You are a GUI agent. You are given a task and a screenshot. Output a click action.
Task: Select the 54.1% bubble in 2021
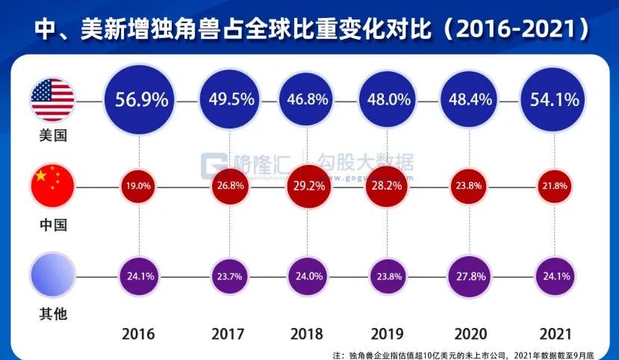click(553, 99)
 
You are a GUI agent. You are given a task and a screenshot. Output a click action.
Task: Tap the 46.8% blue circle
click(305, 99)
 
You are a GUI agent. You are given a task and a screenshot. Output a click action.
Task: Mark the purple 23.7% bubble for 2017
click(223, 276)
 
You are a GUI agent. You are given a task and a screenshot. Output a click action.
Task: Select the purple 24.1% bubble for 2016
click(141, 276)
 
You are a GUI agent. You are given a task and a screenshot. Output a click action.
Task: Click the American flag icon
click(52, 99)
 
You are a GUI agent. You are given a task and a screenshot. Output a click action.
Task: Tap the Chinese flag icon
click(52, 187)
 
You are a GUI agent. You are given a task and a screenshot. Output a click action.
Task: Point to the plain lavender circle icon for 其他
click(52, 276)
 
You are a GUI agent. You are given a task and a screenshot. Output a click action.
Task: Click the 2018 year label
click(305, 333)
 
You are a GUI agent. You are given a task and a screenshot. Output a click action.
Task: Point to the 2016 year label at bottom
click(141, 333)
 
